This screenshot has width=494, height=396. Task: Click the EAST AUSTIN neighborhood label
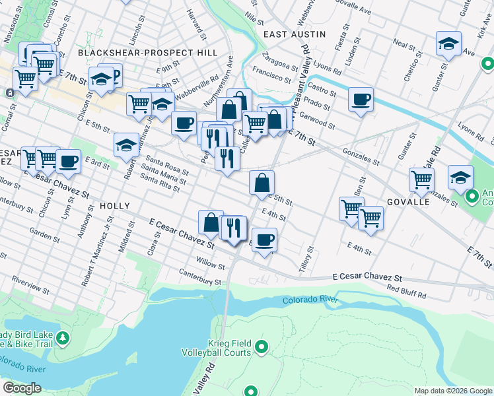[295, 34]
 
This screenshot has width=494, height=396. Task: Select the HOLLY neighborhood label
[115, 207]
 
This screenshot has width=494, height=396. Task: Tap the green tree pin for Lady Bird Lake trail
[63, 339]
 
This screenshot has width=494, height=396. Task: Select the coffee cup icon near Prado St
[361, 100]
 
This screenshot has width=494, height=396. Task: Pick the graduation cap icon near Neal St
[448, 44]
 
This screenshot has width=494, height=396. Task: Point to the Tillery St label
[309, 253]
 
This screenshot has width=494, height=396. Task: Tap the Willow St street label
[210, 263]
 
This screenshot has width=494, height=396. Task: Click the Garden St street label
[45, 235]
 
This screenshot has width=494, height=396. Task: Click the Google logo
[21, 388]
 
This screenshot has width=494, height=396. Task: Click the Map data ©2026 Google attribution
[452, 391]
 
